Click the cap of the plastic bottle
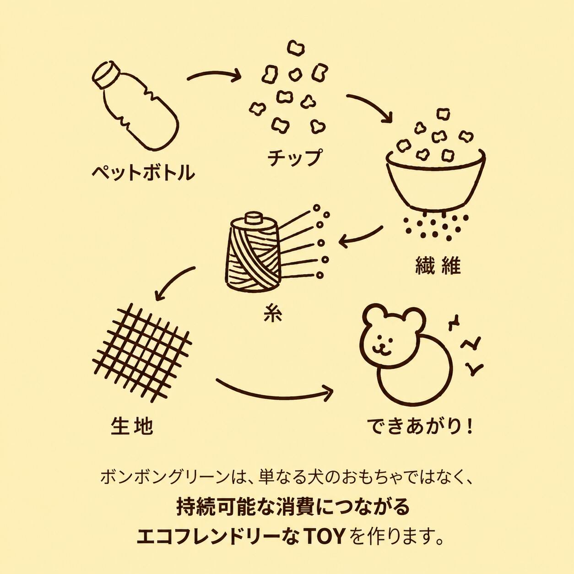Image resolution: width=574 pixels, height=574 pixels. pyautogui.click(x=104, y=74)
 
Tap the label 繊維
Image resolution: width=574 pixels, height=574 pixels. pyautogui.click(x=438, y=265)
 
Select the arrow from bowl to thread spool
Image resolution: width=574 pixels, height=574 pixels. pyautogui.click(x=360, y=238)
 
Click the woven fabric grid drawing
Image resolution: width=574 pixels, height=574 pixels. pyautogui.click(x=142, y=352)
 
